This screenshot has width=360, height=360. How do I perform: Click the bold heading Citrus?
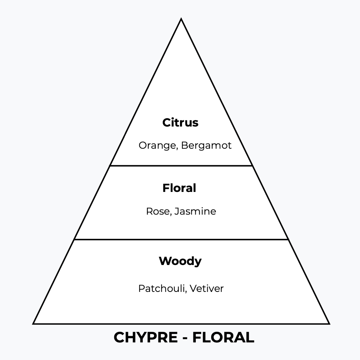[x=180, y=123]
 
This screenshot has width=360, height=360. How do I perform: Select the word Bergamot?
[x=207, y=146]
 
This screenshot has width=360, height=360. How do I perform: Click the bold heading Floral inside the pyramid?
[x=179, y=188]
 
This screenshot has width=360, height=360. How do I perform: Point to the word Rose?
[x=157, y=211]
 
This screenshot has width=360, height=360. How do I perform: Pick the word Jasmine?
[x=195, y=211]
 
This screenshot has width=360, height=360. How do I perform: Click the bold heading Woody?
[x=180, y=261]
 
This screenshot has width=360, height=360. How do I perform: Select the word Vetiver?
[x=207, y=288]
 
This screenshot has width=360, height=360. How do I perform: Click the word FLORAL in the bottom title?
[x=223, y=338]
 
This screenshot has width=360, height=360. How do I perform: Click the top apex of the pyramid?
[x=181, y=19]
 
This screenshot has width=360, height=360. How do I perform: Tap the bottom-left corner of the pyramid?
[x=34, y=323]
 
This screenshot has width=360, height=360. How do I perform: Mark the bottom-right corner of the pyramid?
[x=329, y=323]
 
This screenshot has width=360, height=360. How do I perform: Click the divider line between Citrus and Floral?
[x=181, y=166]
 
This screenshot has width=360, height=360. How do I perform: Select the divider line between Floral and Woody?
[x=181, y=240]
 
